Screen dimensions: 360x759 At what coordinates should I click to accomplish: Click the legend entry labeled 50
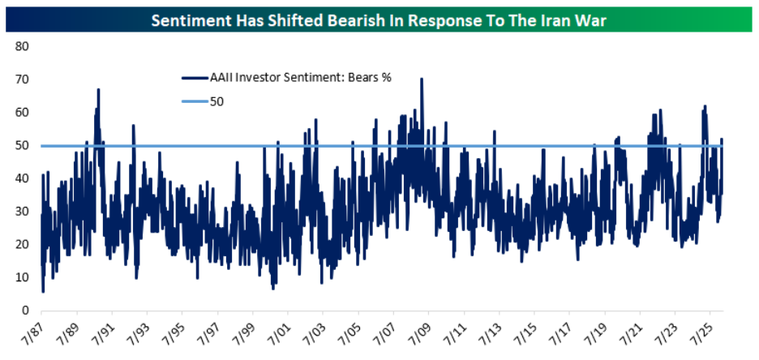(x=217, y=102)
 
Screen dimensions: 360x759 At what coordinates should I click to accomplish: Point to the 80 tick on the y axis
(x=23, y=46)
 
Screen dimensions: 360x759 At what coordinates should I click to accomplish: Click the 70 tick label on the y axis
(x=23, y=79)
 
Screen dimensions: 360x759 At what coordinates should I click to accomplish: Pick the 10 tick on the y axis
(x=23, y=277)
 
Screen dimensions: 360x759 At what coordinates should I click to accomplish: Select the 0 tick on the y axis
(x=26, y=311)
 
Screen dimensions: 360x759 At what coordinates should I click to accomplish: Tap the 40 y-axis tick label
(x=23, y=178)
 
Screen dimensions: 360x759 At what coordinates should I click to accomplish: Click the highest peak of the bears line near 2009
(x=422, y=79)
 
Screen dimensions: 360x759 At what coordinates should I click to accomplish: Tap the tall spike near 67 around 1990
(x=98, y=90)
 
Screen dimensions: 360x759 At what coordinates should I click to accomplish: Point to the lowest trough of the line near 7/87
(x=42, y=291)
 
